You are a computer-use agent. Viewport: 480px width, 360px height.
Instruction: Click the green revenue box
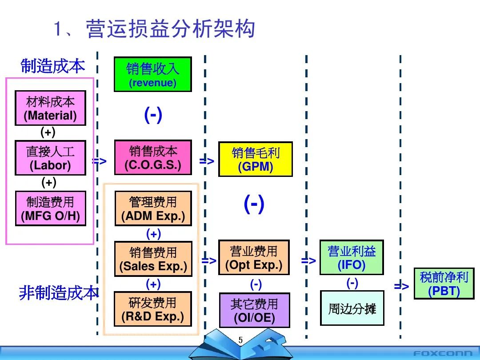tap(152, 74)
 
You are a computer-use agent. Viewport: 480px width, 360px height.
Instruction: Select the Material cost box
tap(50, 108)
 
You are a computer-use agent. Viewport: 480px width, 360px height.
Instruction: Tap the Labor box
tap(50, 158)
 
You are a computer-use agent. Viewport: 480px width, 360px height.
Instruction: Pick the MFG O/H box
tap(50, 208)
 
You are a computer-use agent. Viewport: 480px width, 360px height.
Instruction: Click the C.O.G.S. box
tap(153, 158)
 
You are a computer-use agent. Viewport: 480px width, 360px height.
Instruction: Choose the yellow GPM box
tap(256, 159)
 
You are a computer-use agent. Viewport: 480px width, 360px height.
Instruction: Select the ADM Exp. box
tap(153, 208)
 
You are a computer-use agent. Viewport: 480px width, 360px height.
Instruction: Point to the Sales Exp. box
tap(153, 259)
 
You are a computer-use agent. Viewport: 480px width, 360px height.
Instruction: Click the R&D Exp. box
tap(153, 309)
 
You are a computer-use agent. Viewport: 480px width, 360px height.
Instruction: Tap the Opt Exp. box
tap(254, 257)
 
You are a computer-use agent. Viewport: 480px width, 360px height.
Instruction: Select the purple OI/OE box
tap(254, 310)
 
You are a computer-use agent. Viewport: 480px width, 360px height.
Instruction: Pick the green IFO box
tap(352, 257)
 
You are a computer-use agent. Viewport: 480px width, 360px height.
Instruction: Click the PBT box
tap(444, 284)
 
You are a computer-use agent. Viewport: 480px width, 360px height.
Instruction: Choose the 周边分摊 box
tap(352, 308)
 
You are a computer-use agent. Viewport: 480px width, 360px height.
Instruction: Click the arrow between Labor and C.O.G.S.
tap(100, 161)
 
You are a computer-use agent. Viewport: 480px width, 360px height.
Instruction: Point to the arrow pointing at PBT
tap(401, 286)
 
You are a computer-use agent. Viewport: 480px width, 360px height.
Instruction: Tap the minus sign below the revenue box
tap(153, 115)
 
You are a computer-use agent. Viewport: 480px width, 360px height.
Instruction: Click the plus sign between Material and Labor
tap(48, 132)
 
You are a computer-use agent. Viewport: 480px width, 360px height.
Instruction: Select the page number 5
tap(240, 340)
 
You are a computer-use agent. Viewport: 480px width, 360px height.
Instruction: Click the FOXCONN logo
tap(443, 353)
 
